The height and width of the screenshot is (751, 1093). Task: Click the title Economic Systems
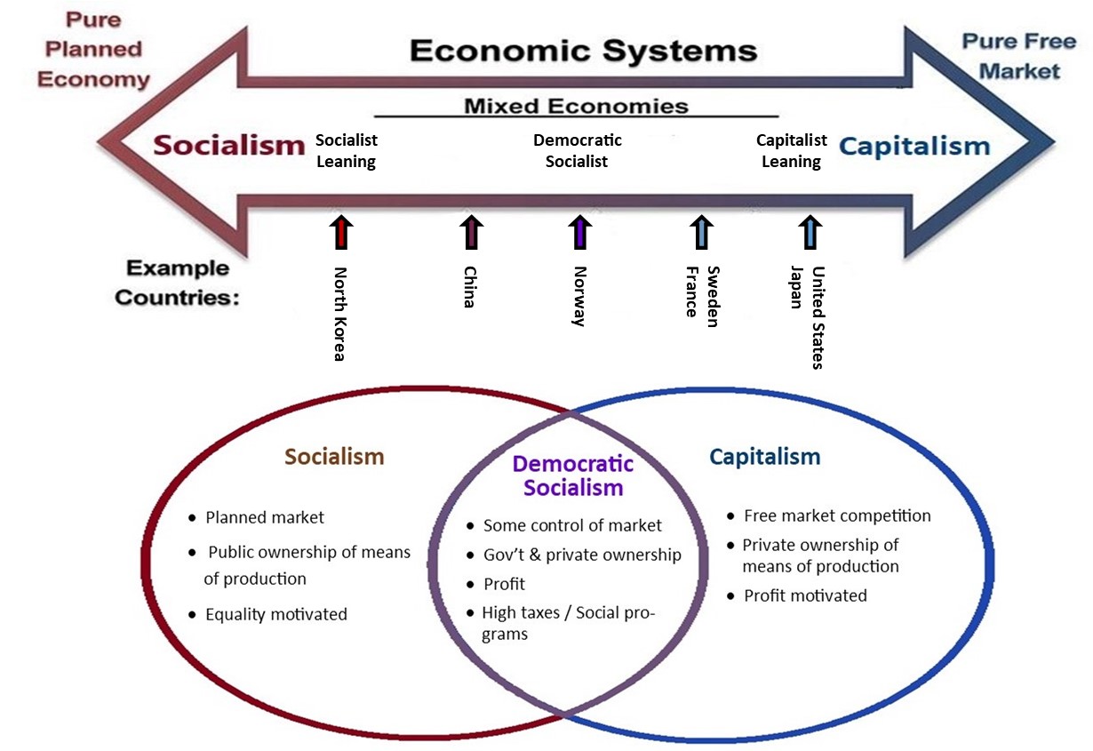[x=583, y=52]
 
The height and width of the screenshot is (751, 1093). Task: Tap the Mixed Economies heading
[x=576, y=106]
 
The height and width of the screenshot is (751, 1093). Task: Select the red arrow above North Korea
[x=341, y=232]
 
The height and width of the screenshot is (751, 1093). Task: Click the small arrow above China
[x=471, y=232]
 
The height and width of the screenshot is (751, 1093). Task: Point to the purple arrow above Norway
[x=580, y=232]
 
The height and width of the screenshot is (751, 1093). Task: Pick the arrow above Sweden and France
[x=702, y=232]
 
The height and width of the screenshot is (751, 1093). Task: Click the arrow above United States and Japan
[x=810, y=232]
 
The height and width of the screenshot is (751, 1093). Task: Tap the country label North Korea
[x=340, y=314]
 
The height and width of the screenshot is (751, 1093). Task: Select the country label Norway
[x=579, y=296]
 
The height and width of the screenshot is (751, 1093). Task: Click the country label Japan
[x=796, y=287]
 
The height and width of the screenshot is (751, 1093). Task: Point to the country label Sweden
[x=713, y=296]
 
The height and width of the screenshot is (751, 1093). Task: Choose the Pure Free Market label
[x=1019, y=56]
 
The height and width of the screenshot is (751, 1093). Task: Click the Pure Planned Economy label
[x=93, y=50]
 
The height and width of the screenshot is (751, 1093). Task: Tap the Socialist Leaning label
[x=347, y=150]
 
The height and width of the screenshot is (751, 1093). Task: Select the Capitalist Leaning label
[x=792, y=150]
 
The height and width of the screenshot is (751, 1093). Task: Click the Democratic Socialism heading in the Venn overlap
[x=573, y=475]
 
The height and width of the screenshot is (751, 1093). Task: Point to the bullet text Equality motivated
[x=276, y=614]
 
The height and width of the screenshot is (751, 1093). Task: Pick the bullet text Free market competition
[x=837, y=515]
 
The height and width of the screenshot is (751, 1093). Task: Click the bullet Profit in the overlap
[x=504, y=584]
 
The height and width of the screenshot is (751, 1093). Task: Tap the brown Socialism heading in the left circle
[x=334, y=457]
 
